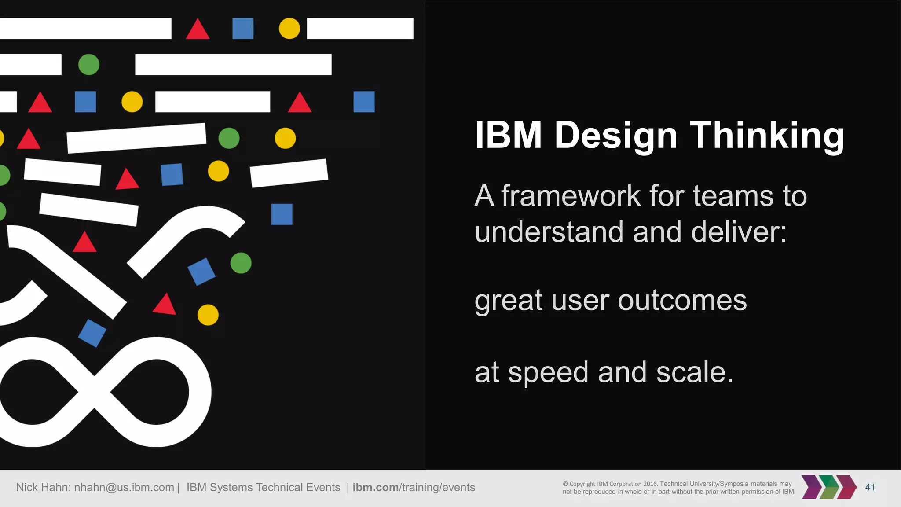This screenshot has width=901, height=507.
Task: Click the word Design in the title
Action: [x=616, y=136]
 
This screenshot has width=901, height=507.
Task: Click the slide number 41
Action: [x=870, y=487]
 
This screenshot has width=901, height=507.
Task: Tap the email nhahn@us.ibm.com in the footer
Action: [x=124, y=487]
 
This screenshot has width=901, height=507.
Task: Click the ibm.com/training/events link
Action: [x=414, y=487]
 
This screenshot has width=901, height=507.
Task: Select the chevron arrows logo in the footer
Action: [x=828, y=487]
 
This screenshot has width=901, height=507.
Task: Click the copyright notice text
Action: [x=678, y=488]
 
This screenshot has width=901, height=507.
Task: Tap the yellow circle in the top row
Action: [x=289, y=29]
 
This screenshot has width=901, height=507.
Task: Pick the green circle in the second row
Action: [x=89, y=65]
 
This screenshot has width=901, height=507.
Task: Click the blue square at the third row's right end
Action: [x=364, y=102]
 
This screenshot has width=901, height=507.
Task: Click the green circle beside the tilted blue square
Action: [x=241, y=263]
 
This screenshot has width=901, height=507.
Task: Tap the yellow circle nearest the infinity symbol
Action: [x=208, y=315]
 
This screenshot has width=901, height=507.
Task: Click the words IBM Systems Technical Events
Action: [x=263, y=487]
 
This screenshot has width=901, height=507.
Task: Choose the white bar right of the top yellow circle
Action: [x=360, y=29]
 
